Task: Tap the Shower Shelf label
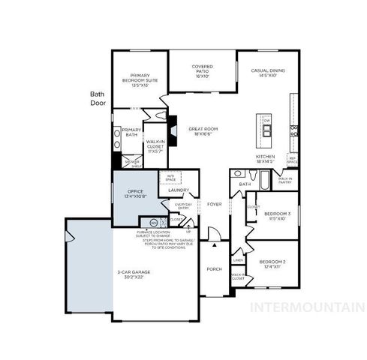[132, 163]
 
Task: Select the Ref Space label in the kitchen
[292, 160]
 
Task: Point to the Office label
[135, 193]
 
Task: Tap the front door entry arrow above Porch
[215, 244]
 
